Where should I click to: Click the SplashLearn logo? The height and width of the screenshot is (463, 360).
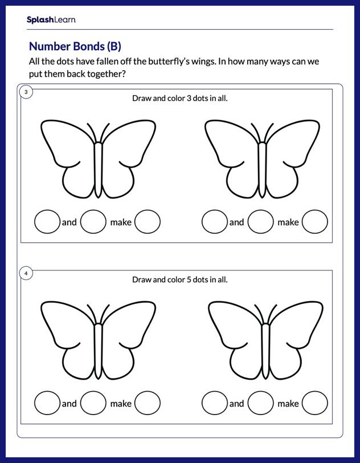click(x=51, y=20)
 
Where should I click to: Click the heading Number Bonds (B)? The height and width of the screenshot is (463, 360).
click(x=75, y=46)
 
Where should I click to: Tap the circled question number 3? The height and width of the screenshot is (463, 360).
click(x=26, y=92)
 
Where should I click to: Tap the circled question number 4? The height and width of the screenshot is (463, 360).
click(x=26, y=274)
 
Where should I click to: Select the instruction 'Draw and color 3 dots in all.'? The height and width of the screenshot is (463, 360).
click(x=179, y=98)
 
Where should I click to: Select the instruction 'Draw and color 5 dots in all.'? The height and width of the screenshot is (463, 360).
click(x=179, y=279)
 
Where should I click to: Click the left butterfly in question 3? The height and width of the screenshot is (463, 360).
click(x=98, y=159)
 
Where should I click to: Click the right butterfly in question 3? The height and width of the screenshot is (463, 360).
click(x=262, y=159)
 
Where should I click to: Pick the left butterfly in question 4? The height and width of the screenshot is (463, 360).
click(x=98, y=340)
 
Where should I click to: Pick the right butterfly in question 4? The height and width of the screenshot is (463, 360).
click(x=265, y=340)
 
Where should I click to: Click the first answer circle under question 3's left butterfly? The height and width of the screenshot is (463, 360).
click(x=47, y=222)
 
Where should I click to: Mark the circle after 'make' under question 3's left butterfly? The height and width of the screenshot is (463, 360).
click(x=148, y=222)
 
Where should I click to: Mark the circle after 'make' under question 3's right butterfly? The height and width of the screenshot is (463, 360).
click(x=314, y=222)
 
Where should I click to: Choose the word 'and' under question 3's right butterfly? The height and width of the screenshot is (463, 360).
click(x=236, y=222)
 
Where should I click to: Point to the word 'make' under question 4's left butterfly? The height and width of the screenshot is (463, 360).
click(x=121, y=404)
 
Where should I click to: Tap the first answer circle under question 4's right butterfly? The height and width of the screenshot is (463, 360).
click(x=214, y=403)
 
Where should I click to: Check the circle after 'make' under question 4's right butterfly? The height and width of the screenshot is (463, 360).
click(x=314, y=403)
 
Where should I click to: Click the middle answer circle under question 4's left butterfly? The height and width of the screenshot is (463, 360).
click(x=93, y=403)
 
